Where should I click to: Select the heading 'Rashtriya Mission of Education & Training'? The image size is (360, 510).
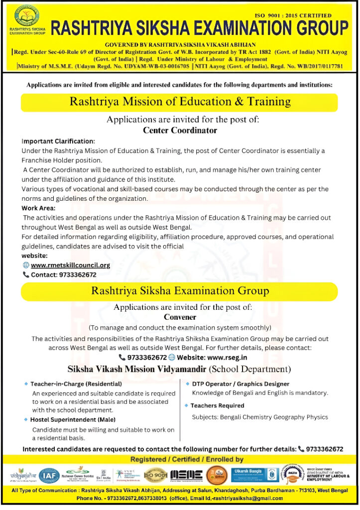[180, 102]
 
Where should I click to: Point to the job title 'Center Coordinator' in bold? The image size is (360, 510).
[180, 130]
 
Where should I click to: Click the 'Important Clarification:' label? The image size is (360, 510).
[58, 141]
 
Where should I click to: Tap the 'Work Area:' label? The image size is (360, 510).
[39, 208]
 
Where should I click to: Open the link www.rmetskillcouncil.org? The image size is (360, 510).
[70, 265]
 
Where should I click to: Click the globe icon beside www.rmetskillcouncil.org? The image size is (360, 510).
[26, 265]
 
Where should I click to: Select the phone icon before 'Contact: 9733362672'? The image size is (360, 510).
[26, 274]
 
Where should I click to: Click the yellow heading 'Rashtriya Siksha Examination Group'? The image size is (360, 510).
[180, 291]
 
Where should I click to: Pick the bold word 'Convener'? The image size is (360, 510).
[180, 317]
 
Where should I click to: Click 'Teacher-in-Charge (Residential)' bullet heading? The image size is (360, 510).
[76, 384]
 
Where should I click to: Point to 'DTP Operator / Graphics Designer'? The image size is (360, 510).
[240, 384]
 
